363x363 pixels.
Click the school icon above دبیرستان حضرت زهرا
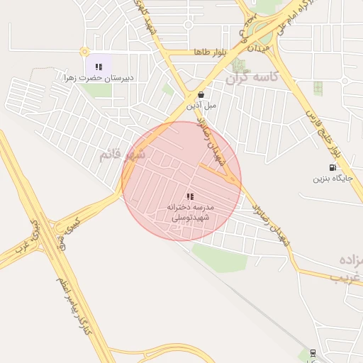(99, 67)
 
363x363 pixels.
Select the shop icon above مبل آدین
(201, 94)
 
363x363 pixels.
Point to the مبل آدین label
(201, 105)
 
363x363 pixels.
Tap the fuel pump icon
(333, 167)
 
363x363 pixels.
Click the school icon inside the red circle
(189, 196)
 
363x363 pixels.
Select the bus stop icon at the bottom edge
(313, 352)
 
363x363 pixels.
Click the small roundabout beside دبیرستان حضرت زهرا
(84, 52)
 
